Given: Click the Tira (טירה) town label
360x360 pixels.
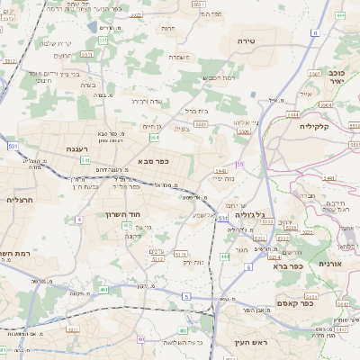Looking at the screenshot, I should coord(247,41).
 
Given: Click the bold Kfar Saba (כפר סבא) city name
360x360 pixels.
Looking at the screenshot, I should coord(153,162).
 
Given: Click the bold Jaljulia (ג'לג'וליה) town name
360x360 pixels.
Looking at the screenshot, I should coord(249,215).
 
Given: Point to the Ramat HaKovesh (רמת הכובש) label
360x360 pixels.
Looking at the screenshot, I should coord(218,77).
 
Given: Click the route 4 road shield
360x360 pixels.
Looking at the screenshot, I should coord(79,219).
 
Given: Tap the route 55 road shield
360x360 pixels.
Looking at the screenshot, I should coord(240,164).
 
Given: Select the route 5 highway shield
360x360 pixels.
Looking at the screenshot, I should coord(185,296).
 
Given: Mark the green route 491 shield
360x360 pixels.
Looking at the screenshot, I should coord(103,290).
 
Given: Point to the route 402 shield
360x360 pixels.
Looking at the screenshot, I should coord(127,225).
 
